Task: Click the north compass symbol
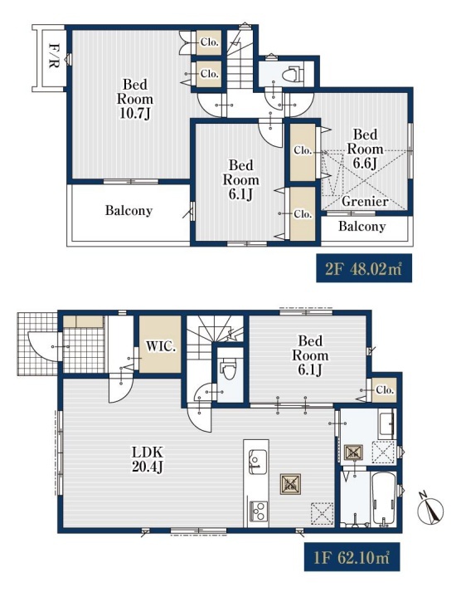430,510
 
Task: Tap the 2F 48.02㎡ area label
364,268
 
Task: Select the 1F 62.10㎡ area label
352,557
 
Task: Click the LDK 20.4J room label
148,459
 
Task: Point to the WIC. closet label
161,346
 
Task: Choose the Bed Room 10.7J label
135,99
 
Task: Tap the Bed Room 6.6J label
365,149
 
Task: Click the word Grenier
365,201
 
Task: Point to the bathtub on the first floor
383,498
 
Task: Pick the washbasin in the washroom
387,424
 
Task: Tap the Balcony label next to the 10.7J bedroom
129,210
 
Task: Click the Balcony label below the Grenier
362,226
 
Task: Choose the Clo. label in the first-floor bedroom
385,389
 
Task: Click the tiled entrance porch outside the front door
37,344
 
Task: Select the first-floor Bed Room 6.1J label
310,355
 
